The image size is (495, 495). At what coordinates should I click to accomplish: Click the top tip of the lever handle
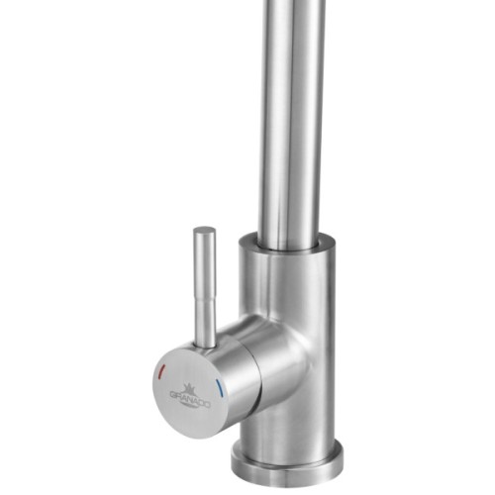(204, 232)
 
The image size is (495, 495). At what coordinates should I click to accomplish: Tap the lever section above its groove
(205, 262)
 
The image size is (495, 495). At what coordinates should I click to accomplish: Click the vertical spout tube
(293, 119)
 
